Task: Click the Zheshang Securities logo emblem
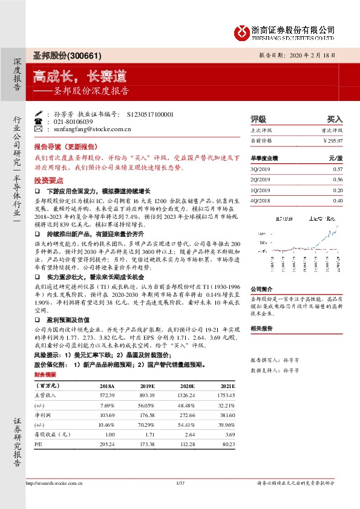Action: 242,31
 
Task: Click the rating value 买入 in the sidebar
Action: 335,120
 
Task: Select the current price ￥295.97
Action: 332,140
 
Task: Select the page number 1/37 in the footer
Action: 179,483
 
